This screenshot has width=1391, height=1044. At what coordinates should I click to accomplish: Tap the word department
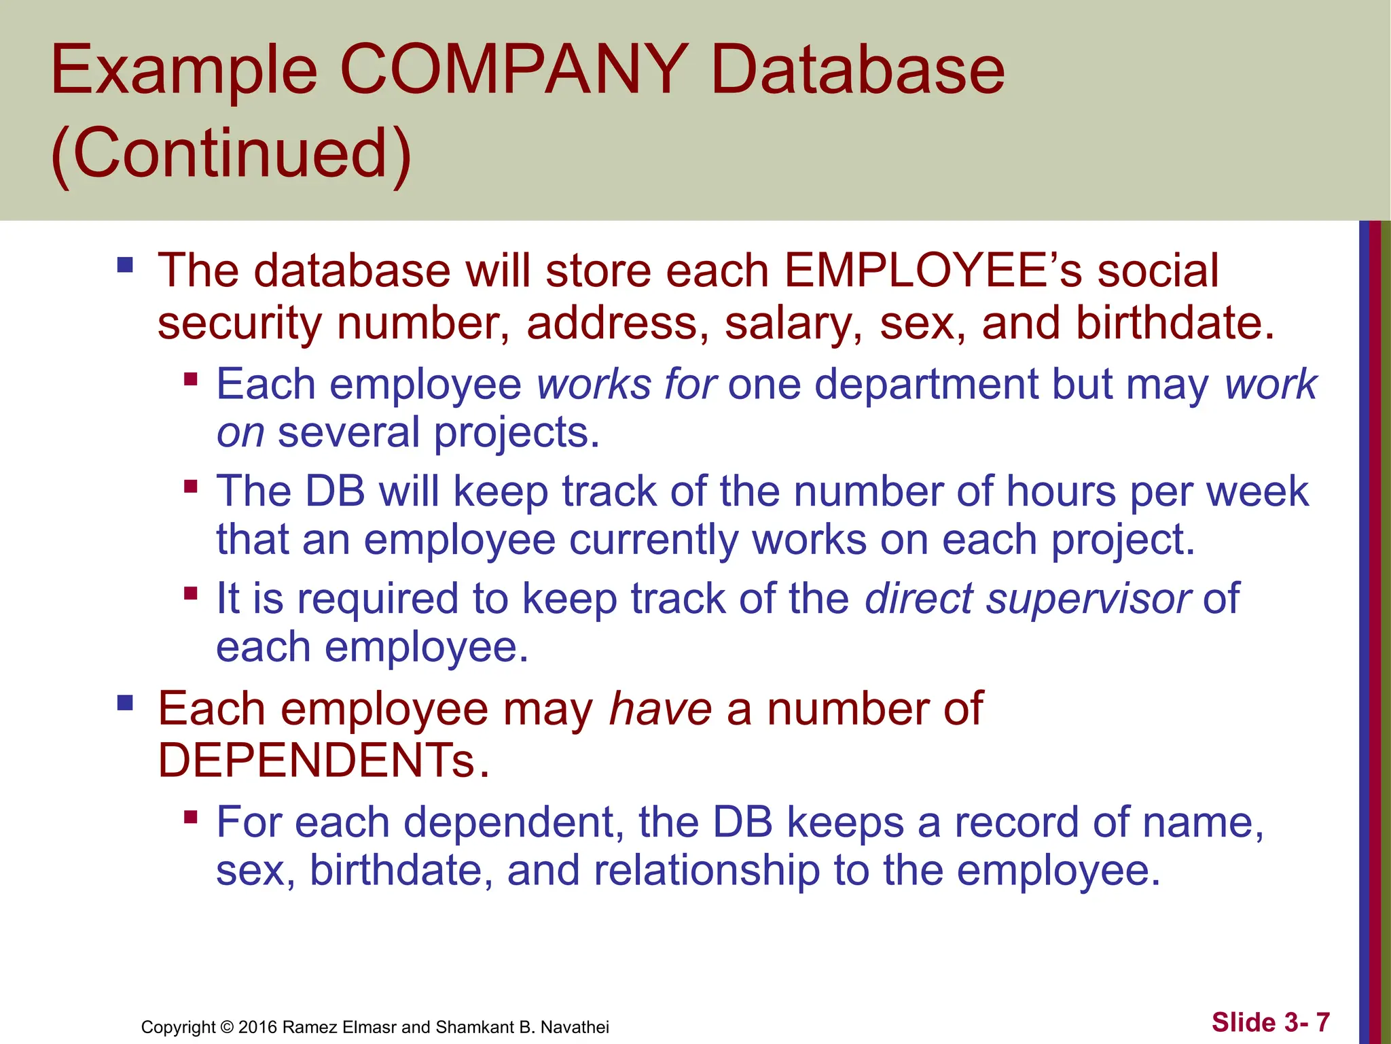pyautogui.click(x=926, y=384)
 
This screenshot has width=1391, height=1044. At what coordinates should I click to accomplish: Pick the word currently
pyautogui.click(x=653, y=540)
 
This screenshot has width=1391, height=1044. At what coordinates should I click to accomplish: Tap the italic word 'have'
pyautogui.click(x=660, y=709)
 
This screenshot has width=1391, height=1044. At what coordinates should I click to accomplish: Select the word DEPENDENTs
pyautogui.click(x=323, y=760)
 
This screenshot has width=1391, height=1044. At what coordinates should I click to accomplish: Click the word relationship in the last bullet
pyautogui.click(x=706, y=871)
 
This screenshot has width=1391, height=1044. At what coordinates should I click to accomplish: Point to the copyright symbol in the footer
pyautogui.click(x=227, y=1027)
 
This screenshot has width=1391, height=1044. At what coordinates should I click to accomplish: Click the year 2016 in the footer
pyautogui.click(x=257, y=1027)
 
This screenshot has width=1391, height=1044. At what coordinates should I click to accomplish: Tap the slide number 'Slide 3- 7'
pyautogui.click(x=1270, y=1022)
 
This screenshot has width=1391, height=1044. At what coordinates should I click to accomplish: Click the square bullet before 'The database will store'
pyautogui.click(x=125, y=264)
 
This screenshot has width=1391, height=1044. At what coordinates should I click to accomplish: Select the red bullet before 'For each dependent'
pyautogui.click(x=191, y=816)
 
